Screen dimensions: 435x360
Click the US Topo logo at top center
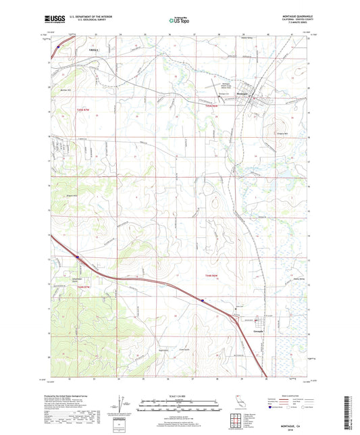click(180, 21)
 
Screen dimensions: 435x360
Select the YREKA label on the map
click(93, 50)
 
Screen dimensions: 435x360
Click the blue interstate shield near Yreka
click(59, 47)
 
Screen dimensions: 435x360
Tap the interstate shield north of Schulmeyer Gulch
click(78, 256)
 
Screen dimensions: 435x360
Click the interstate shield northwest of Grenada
click(201, 300)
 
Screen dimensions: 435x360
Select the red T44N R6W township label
click(211, 276)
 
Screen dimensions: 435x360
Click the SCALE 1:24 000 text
click(180, 395)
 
